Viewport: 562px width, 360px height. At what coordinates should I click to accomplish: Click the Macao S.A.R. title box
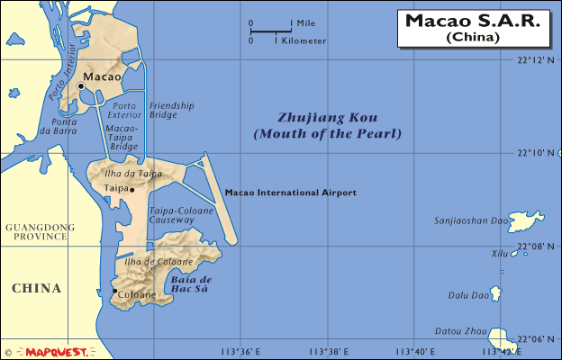pyautogui.click(x=472, y=29)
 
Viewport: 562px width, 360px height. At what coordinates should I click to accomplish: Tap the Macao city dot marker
pyautogui.click(x=80, y=85)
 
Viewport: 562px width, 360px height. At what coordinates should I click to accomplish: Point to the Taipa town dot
pyautogui.click(x=132, y=189)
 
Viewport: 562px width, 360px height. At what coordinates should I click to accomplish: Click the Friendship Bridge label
pyautogui.click(x=171, y=110)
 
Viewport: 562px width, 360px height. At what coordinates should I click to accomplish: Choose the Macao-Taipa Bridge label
pyautogui.click(x=122, y=138)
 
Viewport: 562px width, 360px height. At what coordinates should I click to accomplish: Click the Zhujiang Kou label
pyautogui.click(x=327, y=126)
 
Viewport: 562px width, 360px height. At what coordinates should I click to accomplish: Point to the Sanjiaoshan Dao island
pyautogui.click(x=529, y=219)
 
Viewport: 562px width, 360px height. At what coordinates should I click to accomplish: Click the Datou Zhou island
pyautogui.click(x=499, y=337)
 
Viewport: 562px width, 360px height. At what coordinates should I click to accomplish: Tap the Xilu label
pyautogui.click(x=499, y=255)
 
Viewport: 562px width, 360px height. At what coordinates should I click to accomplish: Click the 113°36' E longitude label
pyautogui.click(x=240, y=351)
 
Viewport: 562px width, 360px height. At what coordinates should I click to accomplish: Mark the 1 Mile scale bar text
pyautogui.click(x=303, y=22)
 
